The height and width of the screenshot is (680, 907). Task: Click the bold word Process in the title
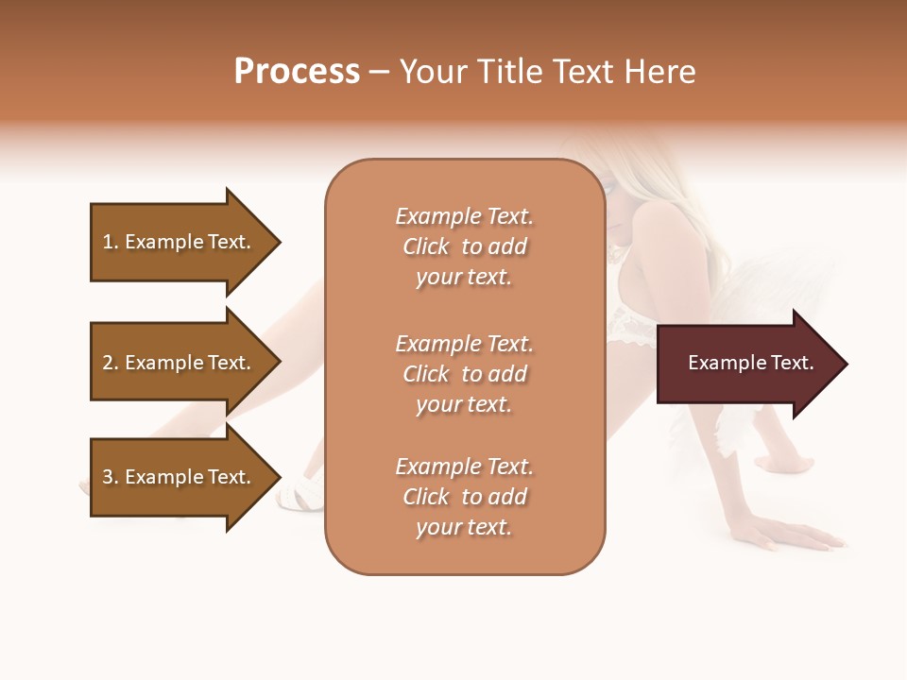(x=297, y=72)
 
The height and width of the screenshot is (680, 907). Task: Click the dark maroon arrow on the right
(x=746, y=364)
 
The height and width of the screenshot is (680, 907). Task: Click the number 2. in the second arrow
(x=109, y=363)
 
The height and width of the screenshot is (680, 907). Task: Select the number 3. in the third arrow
(x=109, y=477)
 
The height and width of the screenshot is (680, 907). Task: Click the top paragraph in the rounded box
(x=464, y=246)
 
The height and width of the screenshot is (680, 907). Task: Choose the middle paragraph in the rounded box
(x=464, y=374)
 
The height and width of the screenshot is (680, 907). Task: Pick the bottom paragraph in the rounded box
(x=464, y=497)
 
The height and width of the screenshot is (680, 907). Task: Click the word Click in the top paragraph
(x=426, y=246)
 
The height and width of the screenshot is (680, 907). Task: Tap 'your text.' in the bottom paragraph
(x=464, y=527)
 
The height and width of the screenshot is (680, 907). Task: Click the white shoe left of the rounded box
(x=300, y=492)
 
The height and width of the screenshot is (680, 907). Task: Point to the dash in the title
(x=379, y=73)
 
